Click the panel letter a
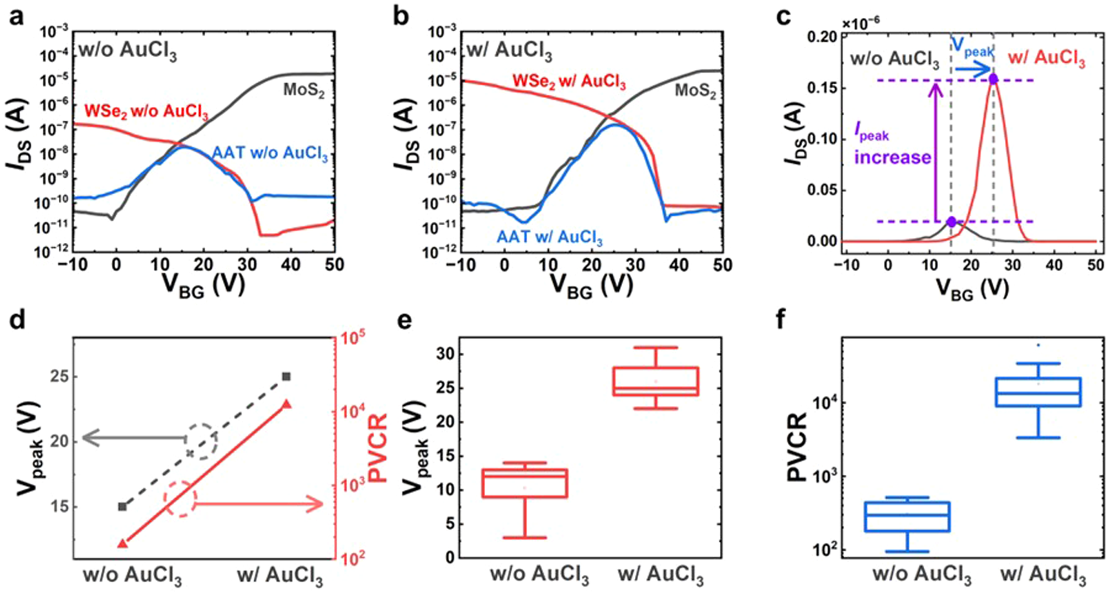tap(17, 17)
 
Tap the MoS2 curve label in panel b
tap(695, 90)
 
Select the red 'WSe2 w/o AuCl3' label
tap(146, 112)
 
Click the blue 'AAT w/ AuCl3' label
tap(549, 237)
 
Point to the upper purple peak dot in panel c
tap(993, 79)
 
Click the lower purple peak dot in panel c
tap(952, 222)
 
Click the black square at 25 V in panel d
tap(286, 377)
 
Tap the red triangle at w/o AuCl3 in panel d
tap(123, 544)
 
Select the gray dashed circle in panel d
tap(201, 441)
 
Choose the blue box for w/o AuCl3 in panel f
tap(908, 517)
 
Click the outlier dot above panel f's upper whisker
tap(1038, 345)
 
